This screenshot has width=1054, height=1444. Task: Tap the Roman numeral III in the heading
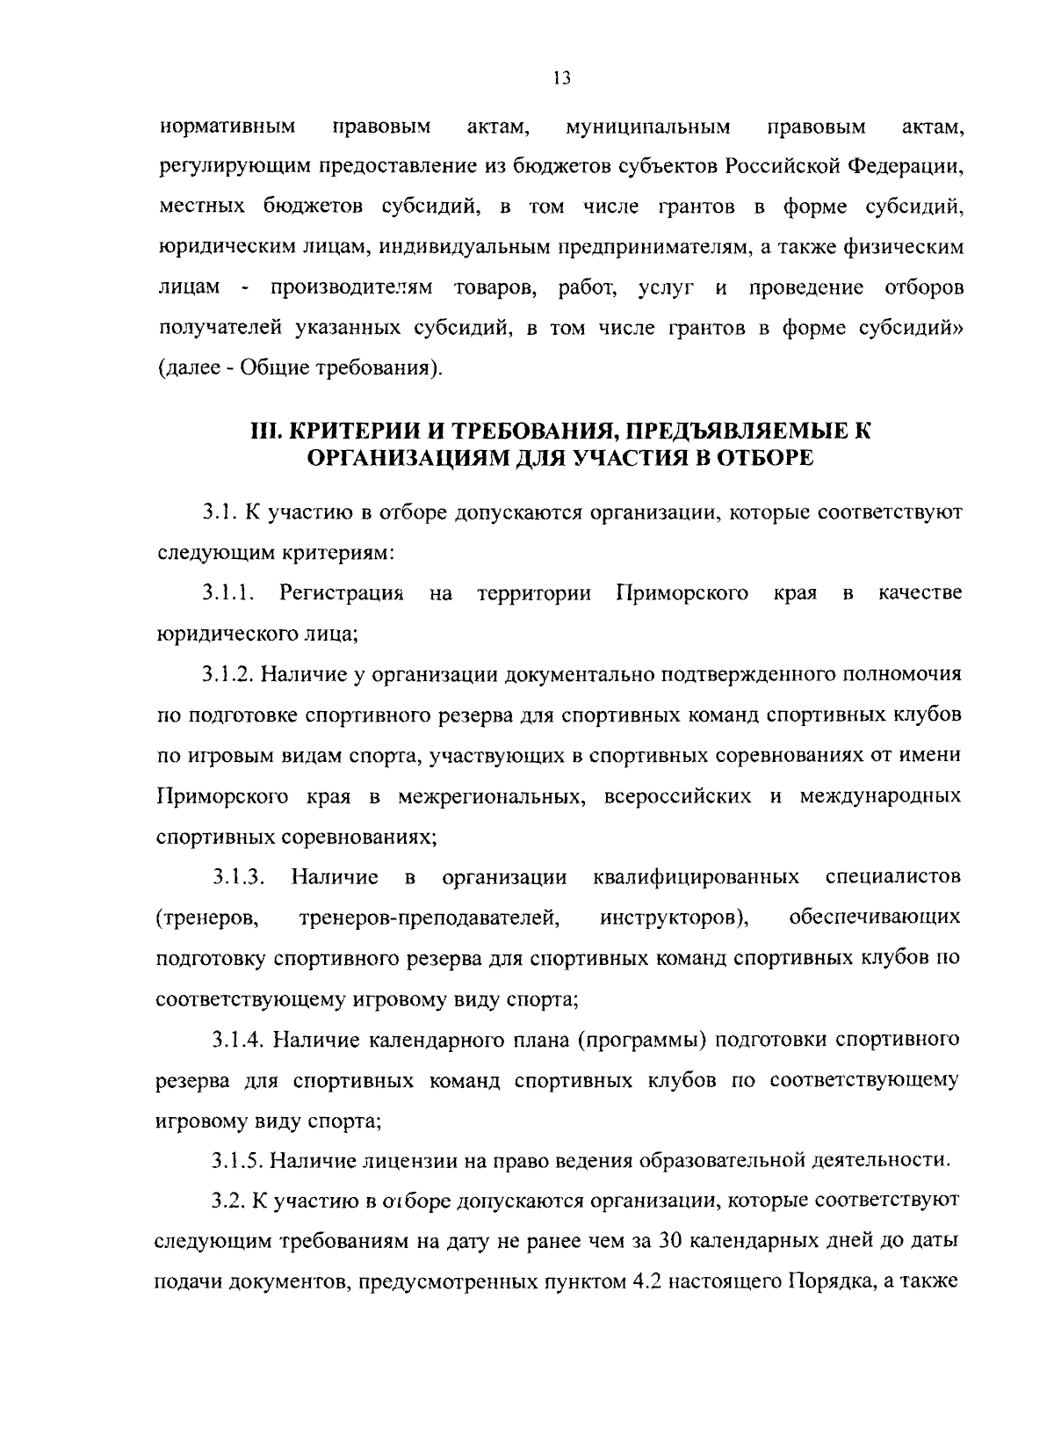tap(263, 431)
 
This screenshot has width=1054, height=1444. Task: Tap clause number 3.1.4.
tap(238, 1040)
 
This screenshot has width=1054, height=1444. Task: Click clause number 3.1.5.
tap(238, 1160)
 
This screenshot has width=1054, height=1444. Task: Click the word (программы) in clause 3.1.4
tap(643, 1040)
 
